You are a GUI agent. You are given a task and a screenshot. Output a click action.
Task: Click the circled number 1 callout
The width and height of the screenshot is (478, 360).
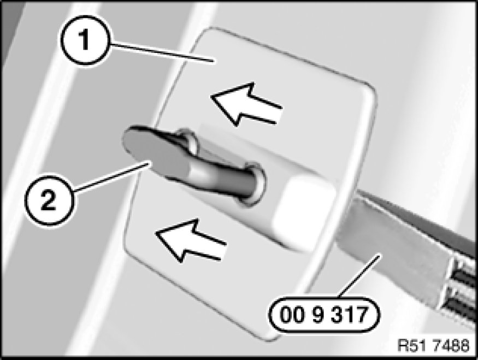click(85, 40)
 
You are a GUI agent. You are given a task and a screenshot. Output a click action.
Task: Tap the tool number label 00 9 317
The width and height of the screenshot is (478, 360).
click(324, 315)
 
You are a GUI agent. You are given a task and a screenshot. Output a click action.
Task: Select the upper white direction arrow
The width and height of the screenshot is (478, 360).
click(246, 104)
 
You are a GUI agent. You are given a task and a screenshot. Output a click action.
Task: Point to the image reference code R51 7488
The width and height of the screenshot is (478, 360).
click(433, 345)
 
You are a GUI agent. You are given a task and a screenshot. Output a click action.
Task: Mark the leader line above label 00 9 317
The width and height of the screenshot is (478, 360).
click(359, 276)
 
